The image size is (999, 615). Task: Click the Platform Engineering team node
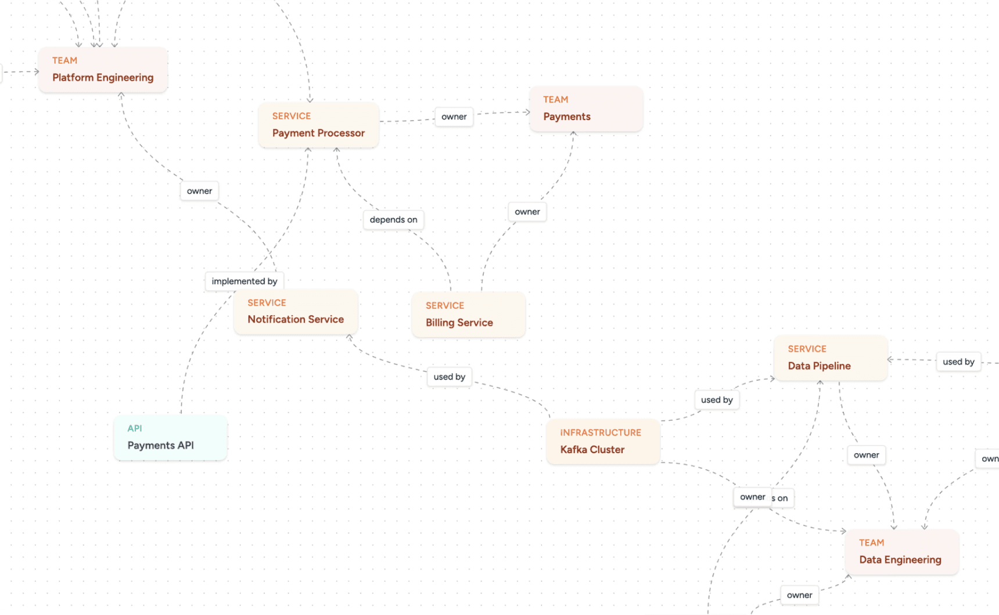103,70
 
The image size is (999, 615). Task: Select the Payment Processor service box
318,125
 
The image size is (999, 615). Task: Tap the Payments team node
585,109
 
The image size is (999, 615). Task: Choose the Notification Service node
296,312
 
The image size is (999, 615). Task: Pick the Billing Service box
468,315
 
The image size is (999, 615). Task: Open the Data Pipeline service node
830,358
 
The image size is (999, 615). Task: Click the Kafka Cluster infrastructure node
602,442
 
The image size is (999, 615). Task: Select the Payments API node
170,437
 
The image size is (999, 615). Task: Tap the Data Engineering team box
901,552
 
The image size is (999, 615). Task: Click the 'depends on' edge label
393,220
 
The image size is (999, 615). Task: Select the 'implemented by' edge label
244,281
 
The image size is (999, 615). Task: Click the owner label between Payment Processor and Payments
454,117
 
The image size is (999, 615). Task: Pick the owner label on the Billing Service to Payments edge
527,212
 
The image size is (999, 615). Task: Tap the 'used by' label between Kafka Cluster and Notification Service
449,377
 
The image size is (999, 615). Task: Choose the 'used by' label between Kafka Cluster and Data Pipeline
717,400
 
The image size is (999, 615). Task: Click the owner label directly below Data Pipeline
866,455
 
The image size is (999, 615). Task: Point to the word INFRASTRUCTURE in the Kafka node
601,433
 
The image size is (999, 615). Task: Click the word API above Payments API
135,428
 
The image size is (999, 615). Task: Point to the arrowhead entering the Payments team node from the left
527,112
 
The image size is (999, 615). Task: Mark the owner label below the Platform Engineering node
199,191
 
